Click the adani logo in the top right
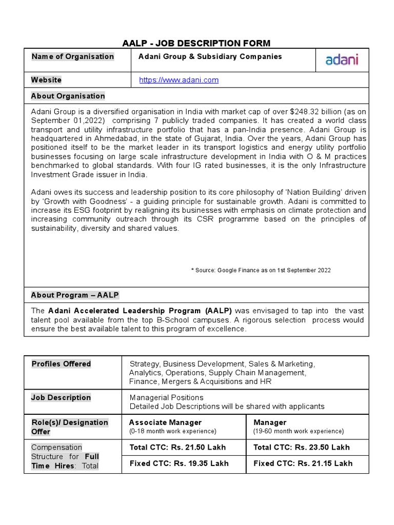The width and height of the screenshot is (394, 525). (342, 60)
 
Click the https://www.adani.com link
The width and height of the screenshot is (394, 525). (179, 80)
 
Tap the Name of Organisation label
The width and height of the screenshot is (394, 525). (72, 56)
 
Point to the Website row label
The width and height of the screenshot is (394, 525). (46, 80)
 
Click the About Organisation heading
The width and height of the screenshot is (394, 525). (68, 96)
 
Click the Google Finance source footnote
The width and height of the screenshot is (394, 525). (261, 270)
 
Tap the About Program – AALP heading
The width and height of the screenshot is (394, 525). (75, 295)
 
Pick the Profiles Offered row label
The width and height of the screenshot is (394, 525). (61, 364)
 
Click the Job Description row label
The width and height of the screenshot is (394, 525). (61, 397)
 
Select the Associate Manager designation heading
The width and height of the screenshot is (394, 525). (165, 422)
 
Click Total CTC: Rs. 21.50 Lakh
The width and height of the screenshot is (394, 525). (178, 447)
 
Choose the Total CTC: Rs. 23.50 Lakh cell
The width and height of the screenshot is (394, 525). (302, 447)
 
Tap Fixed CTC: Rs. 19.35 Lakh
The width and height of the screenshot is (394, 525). (179, 463)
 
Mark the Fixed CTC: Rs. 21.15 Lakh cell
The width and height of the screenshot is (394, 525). (303, 463)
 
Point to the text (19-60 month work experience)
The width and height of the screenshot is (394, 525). (299, 432)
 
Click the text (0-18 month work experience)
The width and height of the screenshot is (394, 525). (172, 432)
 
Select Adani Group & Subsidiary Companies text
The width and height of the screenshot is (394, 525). (210, 56)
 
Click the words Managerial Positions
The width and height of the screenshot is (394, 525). (166, 397)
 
